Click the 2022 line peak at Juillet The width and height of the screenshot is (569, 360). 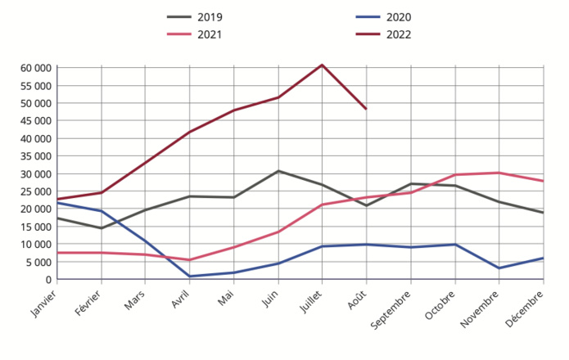click(x=322, y=65)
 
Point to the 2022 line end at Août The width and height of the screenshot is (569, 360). click(x=366, y=109)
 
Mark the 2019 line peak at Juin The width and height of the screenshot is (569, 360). click(x=278, y=171)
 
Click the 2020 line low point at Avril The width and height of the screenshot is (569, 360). click(x=189, y=277)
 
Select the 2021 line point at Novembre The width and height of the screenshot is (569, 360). click(x=499, y=173)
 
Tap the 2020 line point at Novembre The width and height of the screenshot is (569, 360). click(x=499, y=268)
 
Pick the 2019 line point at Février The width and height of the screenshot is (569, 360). click(x=101, y=228)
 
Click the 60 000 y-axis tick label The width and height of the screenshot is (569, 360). click(x=36, y=68)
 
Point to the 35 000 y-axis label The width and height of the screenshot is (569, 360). click(x=36, y=156)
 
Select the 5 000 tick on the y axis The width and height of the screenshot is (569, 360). click(x=39, y=263)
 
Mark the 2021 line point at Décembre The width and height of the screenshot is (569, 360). click(x=543, y=181)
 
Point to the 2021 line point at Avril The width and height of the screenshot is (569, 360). click(x=189, y=260)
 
